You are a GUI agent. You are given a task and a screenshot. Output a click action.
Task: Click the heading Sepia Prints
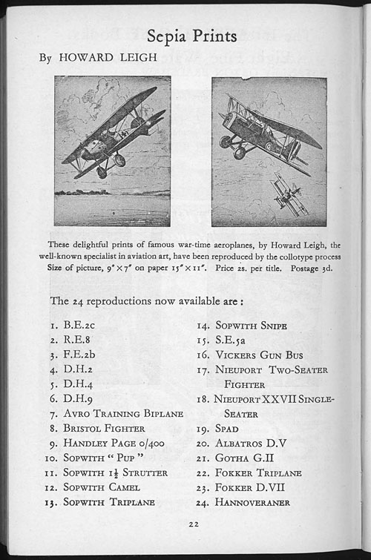coord(191,36)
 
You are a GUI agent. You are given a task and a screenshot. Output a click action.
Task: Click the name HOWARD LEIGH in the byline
coord(108,57)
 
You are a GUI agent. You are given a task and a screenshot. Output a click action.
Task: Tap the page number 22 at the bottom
coord(194,524)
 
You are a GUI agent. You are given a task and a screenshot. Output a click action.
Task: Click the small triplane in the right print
coord(289,194)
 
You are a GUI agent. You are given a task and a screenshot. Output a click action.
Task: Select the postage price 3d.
coord(327,268)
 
